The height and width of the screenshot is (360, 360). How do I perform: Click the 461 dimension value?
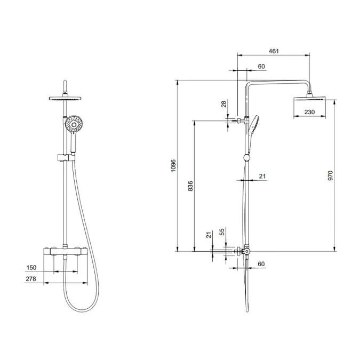274,51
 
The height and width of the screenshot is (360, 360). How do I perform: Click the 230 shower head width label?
309,112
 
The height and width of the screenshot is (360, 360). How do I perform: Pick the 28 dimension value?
225,105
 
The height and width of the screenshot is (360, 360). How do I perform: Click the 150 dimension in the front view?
32,268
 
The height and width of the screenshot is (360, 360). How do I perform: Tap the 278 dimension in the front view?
32,279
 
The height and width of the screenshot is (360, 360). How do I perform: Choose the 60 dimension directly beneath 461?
261,66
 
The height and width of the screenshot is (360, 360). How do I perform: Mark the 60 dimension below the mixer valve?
261,265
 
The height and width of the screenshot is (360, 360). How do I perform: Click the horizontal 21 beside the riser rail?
262,176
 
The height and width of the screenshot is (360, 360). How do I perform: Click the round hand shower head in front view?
74,125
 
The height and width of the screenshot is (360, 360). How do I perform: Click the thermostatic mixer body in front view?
65,251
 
